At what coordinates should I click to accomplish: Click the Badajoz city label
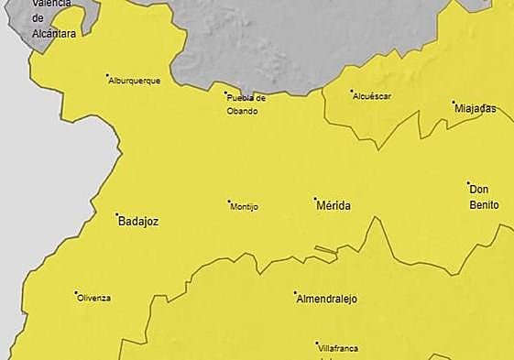[139, 221]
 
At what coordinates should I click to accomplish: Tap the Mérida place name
[333, 206]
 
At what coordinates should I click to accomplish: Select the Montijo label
[245, 207]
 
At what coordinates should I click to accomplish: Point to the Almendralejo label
[326, 300]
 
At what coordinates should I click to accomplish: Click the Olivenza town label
[94, 298]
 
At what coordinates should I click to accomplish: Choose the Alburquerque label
[134, 81]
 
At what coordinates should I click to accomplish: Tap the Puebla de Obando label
[246, 104]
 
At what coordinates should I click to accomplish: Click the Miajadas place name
[476, 108]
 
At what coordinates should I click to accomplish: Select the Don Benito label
[484, 197]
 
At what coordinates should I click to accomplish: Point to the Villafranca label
[338, 349]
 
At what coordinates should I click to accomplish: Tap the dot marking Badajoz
[117, 215]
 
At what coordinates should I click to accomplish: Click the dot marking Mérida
[315, 199]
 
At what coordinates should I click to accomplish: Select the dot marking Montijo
[229, 202]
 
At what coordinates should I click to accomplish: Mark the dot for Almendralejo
[295, 293]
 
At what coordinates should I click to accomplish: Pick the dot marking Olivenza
[76, 293]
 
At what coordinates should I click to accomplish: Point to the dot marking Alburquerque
[107, 75]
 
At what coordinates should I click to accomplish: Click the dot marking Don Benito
[468, 183]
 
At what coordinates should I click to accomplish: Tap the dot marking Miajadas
[453, 102]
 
